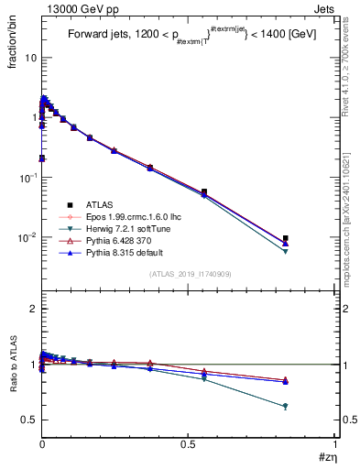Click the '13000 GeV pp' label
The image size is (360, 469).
tap(77, 8)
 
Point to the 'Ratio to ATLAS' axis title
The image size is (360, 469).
tap(13, 366)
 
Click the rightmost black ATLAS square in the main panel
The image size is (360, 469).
tap(286, 238)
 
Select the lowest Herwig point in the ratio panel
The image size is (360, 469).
tap(286, 406)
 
